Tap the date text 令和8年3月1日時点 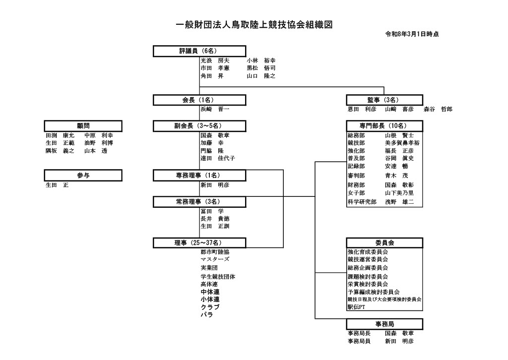coord(412,35)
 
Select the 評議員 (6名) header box coord(199,51)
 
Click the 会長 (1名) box coord(199,100)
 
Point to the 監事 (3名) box coord(384,100)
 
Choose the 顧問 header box coord(83,126)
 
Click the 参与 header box coord(83,175)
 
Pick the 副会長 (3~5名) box coord(199,126)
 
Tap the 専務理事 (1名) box coord(199,175)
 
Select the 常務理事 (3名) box coord(199,202)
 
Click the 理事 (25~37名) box coord(199,242)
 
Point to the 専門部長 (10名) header coord(384,126)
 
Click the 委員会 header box coord(384,242)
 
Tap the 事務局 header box coord(384,324)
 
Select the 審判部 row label coord(356,176)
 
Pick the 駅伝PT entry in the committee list coord(356,307)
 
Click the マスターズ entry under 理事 coord(215,259)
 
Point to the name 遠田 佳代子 coord(217,158)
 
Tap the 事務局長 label coord(359,333)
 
